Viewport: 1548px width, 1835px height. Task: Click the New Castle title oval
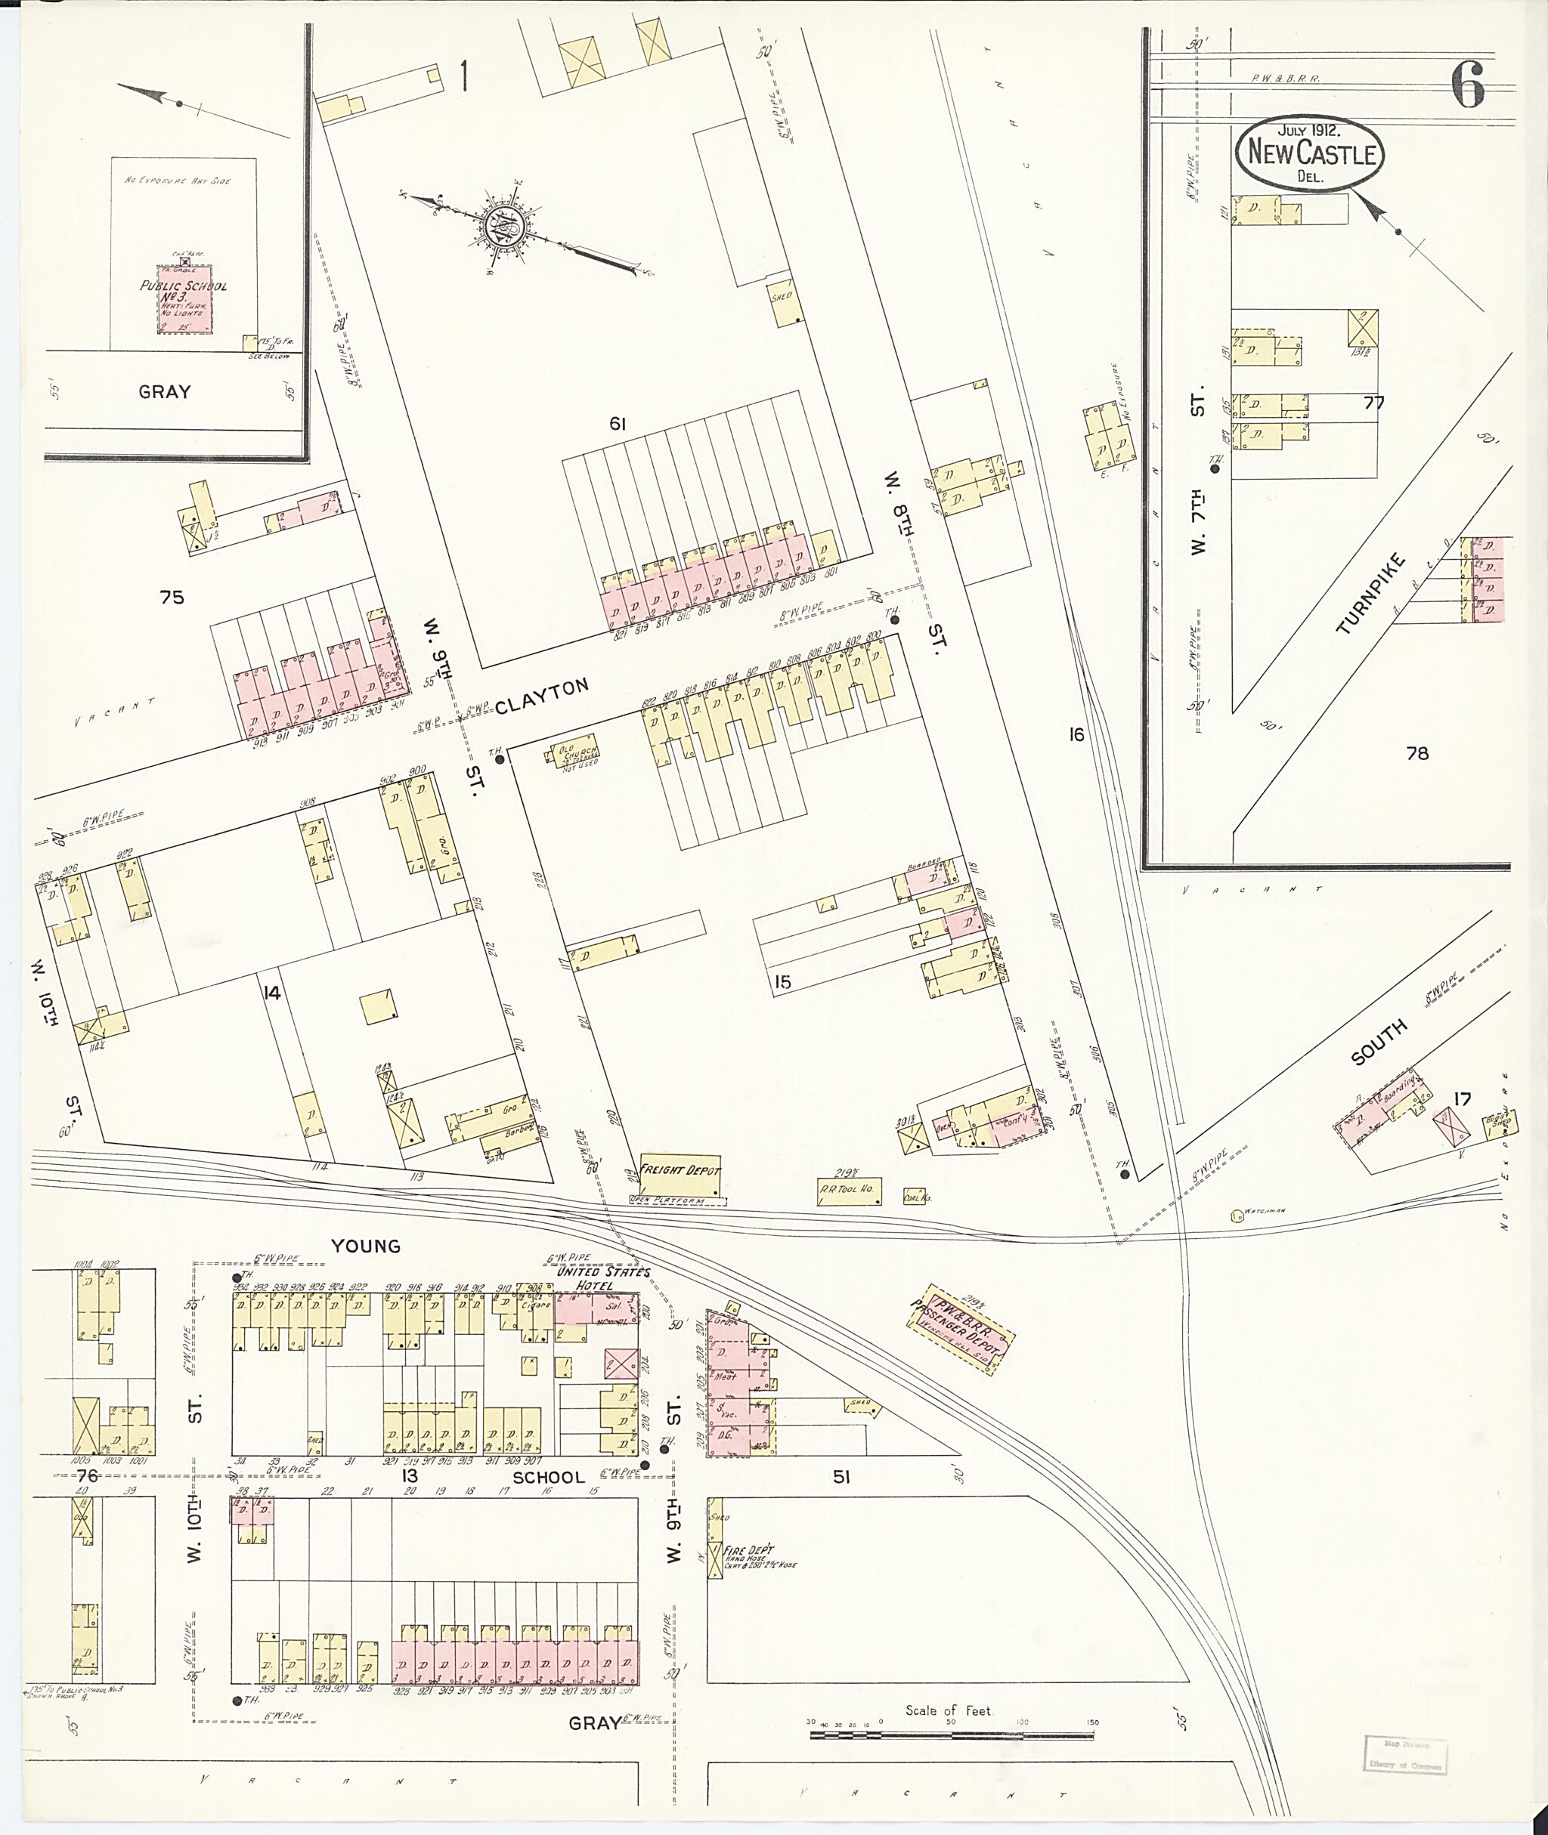click(x=1310, y=153)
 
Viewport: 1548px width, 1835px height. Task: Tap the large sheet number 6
click(x=1467, y=84)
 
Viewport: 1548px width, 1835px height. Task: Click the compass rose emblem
click(x=506, y=227)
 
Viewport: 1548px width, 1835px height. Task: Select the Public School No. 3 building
click(x=184, y=299)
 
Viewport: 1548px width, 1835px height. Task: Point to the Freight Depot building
click(x=680, y=1174)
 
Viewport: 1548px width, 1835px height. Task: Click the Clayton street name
click(x=541, y=696)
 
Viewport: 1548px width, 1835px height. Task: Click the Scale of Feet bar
click(x=952, y=1734)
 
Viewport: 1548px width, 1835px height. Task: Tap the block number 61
click(x=617, y=425)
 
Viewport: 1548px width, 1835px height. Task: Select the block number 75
click(x=172, y=598)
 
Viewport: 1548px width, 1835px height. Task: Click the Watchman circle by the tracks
click(x=1237, y=1216)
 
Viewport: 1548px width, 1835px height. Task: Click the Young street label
click(x=365, y=1246)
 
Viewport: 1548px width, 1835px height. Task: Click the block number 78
click(x=1417, y=752)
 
